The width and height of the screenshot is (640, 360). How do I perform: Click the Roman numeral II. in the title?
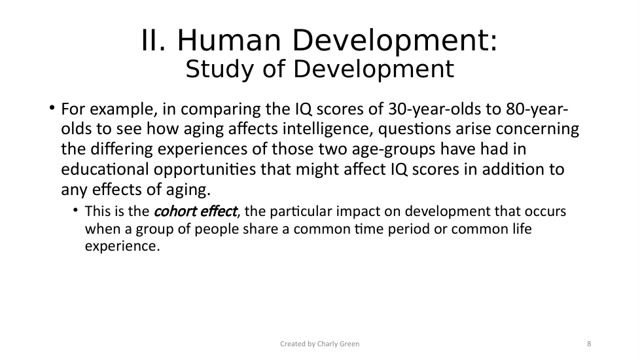pyautogui.click(x=154, y=41)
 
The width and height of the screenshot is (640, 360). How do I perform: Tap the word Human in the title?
pyautogui.click(x=229, y=41)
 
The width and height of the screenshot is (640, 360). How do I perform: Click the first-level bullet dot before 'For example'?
pyautogui.click(x=52, y=108)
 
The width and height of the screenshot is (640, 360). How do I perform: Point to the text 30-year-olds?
pyautogui.click(x=434, y=109)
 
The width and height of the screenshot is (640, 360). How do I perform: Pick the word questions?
pyautogui.click(x=414, y=130)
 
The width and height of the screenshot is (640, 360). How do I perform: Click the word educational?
pyautogui.click(x=105, y=170)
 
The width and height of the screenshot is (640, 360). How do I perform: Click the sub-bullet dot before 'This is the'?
pyautogui.click(x=75, y=211)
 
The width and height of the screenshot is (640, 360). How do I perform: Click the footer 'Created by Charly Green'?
pyautogui.click(x=319, y=344)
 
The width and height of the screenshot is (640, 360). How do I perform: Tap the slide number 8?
pyautogui.click(x=589, y=344)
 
